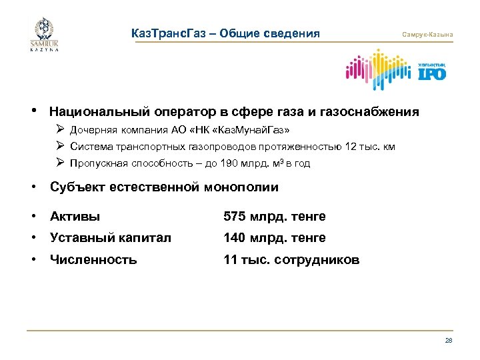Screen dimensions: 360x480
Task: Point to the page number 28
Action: click(448, 340)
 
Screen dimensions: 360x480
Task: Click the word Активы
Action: click(75, 216)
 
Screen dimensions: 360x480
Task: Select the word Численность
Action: click(93, 260)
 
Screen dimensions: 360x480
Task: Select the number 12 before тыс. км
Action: click(351, 147)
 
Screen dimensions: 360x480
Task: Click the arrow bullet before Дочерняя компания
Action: click(60, 129)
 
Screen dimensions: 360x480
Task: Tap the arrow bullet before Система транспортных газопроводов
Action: click(60, 146)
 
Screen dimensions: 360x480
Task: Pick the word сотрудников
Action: click(319, 260)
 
